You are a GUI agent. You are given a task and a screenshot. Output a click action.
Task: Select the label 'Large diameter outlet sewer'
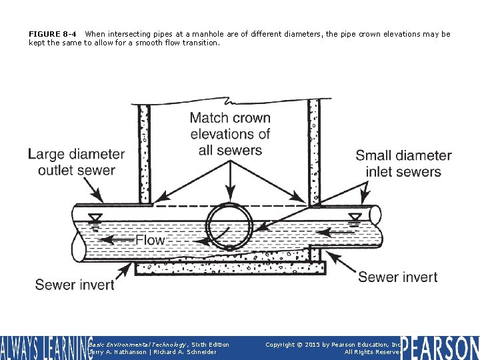coord(76,162)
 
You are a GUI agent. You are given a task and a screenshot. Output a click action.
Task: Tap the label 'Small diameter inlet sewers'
coord(403,163)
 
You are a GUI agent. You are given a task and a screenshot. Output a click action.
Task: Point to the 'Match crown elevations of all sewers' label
coord(230,134)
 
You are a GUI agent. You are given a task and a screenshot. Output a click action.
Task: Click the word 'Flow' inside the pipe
coord(150,240)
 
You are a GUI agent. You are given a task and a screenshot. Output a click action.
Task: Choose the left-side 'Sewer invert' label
coord(75,285)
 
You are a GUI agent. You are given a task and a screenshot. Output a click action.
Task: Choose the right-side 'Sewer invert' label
coord(397,277)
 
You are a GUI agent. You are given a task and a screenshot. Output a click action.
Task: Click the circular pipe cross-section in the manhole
coord(229,226)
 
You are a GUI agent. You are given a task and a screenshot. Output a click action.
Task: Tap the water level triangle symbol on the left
coord(97,217)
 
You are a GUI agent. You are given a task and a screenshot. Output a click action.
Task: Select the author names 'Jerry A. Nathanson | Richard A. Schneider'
coord(153,352)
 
